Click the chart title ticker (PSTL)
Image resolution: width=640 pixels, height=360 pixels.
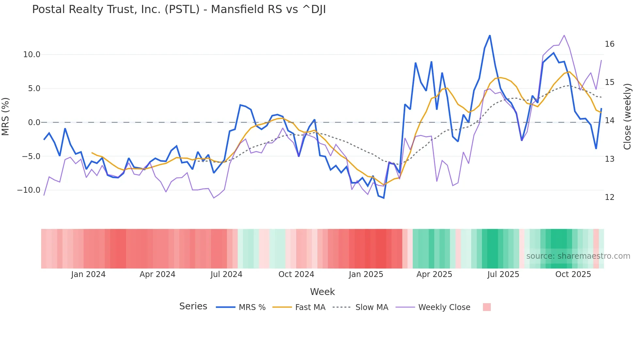click(x=182, y=9)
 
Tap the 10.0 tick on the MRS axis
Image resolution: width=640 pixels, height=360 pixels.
click(x=31, y=55)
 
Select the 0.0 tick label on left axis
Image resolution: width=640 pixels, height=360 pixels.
click(x=34, y=123)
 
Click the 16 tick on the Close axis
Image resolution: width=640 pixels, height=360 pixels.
click(x=609, y=44)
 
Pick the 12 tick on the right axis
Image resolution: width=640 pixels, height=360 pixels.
click(x=609, y=197)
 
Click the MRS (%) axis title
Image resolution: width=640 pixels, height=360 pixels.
click(x=6, y=117)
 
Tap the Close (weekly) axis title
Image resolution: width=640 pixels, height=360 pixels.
click(x=627, y=117)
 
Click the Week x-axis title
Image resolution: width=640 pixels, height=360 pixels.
click(x=322, y=292)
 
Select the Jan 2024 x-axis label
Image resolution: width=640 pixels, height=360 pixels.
click(x=88, y=274)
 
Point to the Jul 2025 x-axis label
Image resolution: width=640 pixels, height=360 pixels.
click(x=503, y=274)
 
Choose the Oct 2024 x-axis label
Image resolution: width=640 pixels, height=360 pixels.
click(x=296, y=274)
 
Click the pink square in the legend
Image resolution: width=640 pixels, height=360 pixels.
click(x=487, y=307)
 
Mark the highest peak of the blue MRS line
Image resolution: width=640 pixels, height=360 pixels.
click(x=490, y=36)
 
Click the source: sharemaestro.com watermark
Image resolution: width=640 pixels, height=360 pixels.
click(x=578, y=256)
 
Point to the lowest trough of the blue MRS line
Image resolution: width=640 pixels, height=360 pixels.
click(x=384, y=198)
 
